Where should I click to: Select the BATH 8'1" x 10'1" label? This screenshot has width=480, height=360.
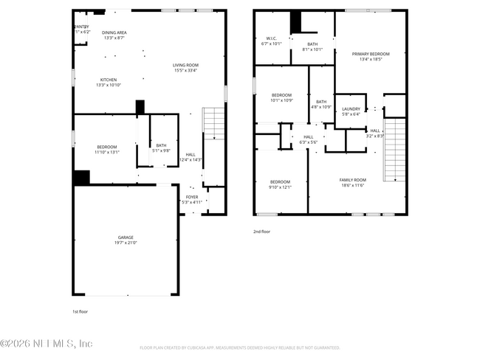(x=313, y=46)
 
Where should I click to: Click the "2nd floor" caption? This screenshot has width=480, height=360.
(x=261, y=231)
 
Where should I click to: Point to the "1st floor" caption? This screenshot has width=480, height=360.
(x=80, y=311)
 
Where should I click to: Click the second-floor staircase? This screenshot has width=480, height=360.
(x=396, y=151)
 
